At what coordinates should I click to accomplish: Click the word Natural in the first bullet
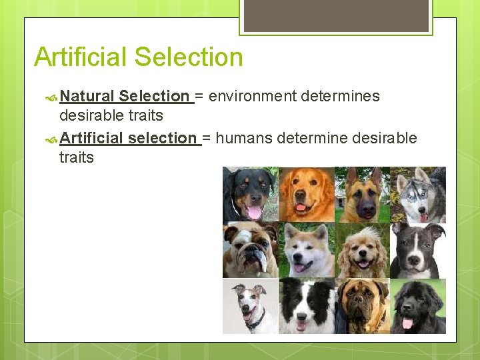pyautogui.click(x=87, y=96)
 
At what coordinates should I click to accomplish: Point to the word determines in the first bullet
pyautogui.click(x=340, y=96)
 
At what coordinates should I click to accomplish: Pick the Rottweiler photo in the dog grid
pyautogui.click(x=249, y=193)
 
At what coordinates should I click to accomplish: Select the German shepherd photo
pyautogui.click(x=361, y=193)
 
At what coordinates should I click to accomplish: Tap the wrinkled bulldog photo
pyautogui.click(x=249, y=249)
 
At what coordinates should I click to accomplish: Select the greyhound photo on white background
pyautogui.click(x=249, y=305)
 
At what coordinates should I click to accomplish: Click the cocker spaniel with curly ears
pyautogui.click(x=361, y=249)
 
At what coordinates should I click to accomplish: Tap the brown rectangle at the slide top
pyautogui.click(x=336, y=15)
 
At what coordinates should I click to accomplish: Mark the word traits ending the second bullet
pyautogui.click(x=77, y=158)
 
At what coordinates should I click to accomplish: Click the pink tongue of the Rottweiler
pyautogui.click(x=254, y=213)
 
